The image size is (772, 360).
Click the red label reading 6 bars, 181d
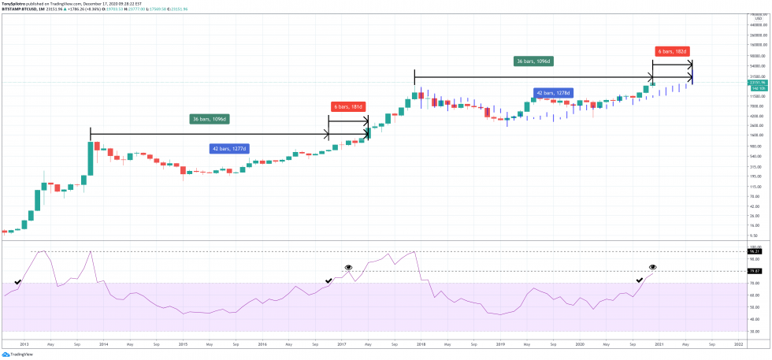[347, 106]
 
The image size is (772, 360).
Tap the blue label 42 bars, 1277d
[229, 148]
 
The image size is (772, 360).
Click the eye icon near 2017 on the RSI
[347, 269]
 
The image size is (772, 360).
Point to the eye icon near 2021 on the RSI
[652, 268]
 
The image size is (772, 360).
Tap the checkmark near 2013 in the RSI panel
[17, 281]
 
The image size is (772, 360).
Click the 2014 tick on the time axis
[104, 344]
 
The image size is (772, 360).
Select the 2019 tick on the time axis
[500, 344]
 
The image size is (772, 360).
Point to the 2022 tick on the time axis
[738, 344]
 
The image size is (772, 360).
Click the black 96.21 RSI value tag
[752, 251]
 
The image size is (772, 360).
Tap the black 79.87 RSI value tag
[752, 271]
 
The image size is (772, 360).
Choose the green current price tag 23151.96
[754, 82]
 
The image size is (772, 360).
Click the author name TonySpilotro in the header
[17, 3]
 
